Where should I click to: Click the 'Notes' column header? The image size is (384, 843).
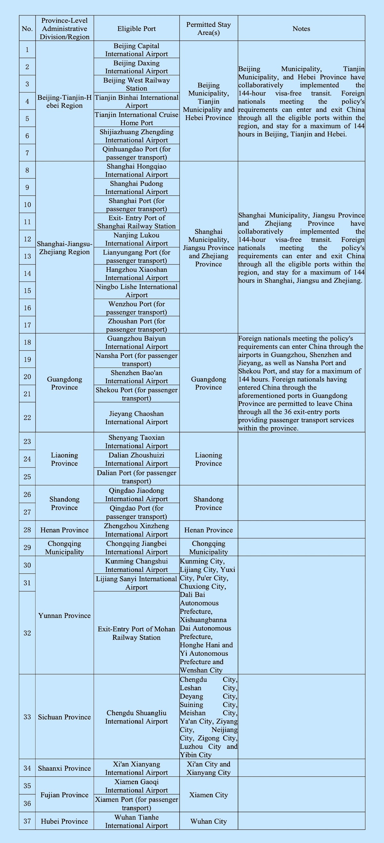pyautogui.click(x=301, y=28)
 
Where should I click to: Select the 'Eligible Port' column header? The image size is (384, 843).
pyautogui.click(x=136, y=28)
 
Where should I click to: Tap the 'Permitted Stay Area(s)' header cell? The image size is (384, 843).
pyautogui.click(x=208, y=28)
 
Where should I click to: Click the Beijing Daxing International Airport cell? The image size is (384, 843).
pyautogui.click(x=136, y=67)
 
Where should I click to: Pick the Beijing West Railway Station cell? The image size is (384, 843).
pyautogui.click(x=136, y=84)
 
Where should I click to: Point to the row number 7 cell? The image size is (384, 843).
pyautogui.click(x=27, y=153)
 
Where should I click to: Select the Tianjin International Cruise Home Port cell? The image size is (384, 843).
pyautogui.click(x=136, y=118)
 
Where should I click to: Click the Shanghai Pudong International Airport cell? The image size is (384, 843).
pyautogui.click(x=136, y=188)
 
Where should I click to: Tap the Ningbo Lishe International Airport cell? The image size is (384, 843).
pyautogui.click(x=136, y=291)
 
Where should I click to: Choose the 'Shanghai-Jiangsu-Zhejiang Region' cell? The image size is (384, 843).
pyautogui.click(x=64, y=248)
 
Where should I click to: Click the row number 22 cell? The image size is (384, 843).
pyautogui.click(x=27, y=417)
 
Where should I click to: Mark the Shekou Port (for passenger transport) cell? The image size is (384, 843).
pyautogui.click(x=136, y=394)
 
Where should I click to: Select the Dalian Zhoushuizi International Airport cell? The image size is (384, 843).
pyautogui.click(x=136, y=459)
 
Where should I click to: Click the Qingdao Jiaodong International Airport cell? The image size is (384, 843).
pyautogui.click(x=136, y=494)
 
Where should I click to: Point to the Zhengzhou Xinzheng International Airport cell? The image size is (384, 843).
pyautogui.click(x=136, y=530)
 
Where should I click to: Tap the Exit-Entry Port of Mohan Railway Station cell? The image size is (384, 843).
pyautogui.click(x=136, y=633)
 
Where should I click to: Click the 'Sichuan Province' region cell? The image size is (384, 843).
pyautogui.click(x=64, y=717)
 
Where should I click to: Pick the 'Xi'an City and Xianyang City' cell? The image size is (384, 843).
pyautogui.click(x=208, y=768)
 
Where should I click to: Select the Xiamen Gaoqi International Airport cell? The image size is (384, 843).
pyautogui.click(x=136, y=786)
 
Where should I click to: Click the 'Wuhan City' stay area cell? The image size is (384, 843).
pyautogui.click(x=208, y=821)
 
